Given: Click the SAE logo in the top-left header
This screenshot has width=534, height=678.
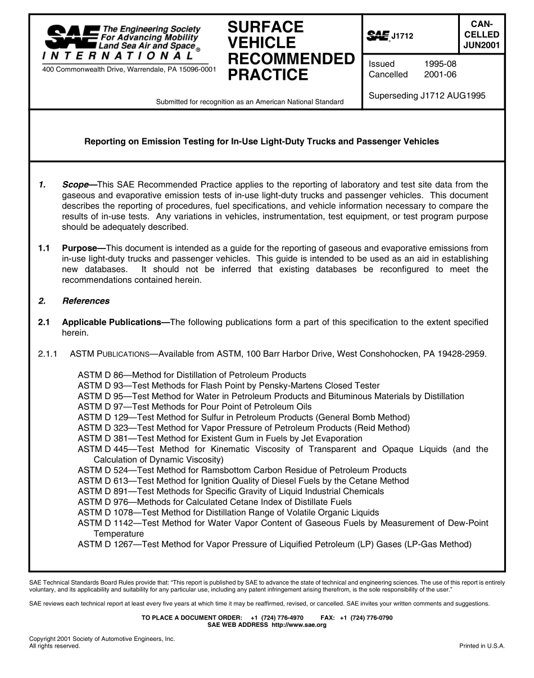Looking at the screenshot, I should point(71,37).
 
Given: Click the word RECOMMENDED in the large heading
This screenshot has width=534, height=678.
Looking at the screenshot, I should point(291,59).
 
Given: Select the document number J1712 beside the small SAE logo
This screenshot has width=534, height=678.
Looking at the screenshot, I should point(402,37).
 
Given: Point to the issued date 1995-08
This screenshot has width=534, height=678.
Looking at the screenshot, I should point(440,64).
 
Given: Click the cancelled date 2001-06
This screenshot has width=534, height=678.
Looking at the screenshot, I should point(440,75).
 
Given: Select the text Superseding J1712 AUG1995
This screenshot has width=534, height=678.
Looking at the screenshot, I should point(427,96).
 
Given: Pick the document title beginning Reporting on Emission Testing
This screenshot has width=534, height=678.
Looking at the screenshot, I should point(261,142).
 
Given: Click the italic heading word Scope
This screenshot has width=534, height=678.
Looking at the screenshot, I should point(75,184).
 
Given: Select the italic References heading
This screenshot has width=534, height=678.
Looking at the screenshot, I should point(86,301).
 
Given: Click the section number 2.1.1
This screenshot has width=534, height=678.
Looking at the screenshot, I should point(48,354).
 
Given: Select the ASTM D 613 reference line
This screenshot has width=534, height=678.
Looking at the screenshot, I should point(243,481).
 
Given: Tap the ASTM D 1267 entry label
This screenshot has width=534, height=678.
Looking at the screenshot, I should point(106,544).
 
